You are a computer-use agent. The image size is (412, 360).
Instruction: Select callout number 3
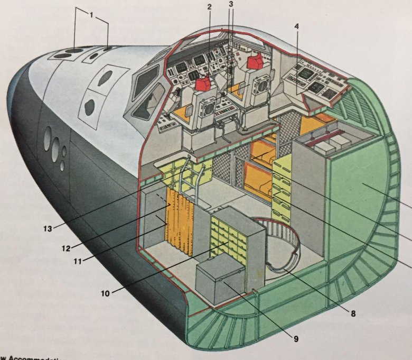point(230,5)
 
